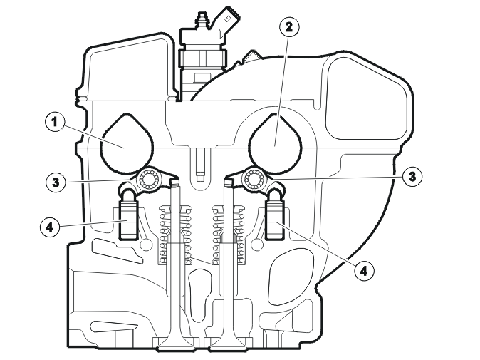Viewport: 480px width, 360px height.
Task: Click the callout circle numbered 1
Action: click(55, 123)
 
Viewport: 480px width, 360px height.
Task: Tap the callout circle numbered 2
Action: click(289, 27)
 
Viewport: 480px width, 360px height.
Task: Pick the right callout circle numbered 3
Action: click(412, 177)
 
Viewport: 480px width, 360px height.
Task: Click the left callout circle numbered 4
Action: click(50, 227)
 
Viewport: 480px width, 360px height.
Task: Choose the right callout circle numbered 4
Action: click(364, 270)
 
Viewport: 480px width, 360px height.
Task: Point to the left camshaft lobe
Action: click(126, 143)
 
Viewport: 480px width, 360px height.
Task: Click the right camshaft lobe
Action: click(275, 143)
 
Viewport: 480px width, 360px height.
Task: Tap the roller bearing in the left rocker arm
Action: click(148, 179)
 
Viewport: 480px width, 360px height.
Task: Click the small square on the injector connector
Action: click(227, 19)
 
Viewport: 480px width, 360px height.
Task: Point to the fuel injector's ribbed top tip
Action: click(201, 20)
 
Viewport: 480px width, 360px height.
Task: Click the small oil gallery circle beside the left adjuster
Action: click(146, 245)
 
